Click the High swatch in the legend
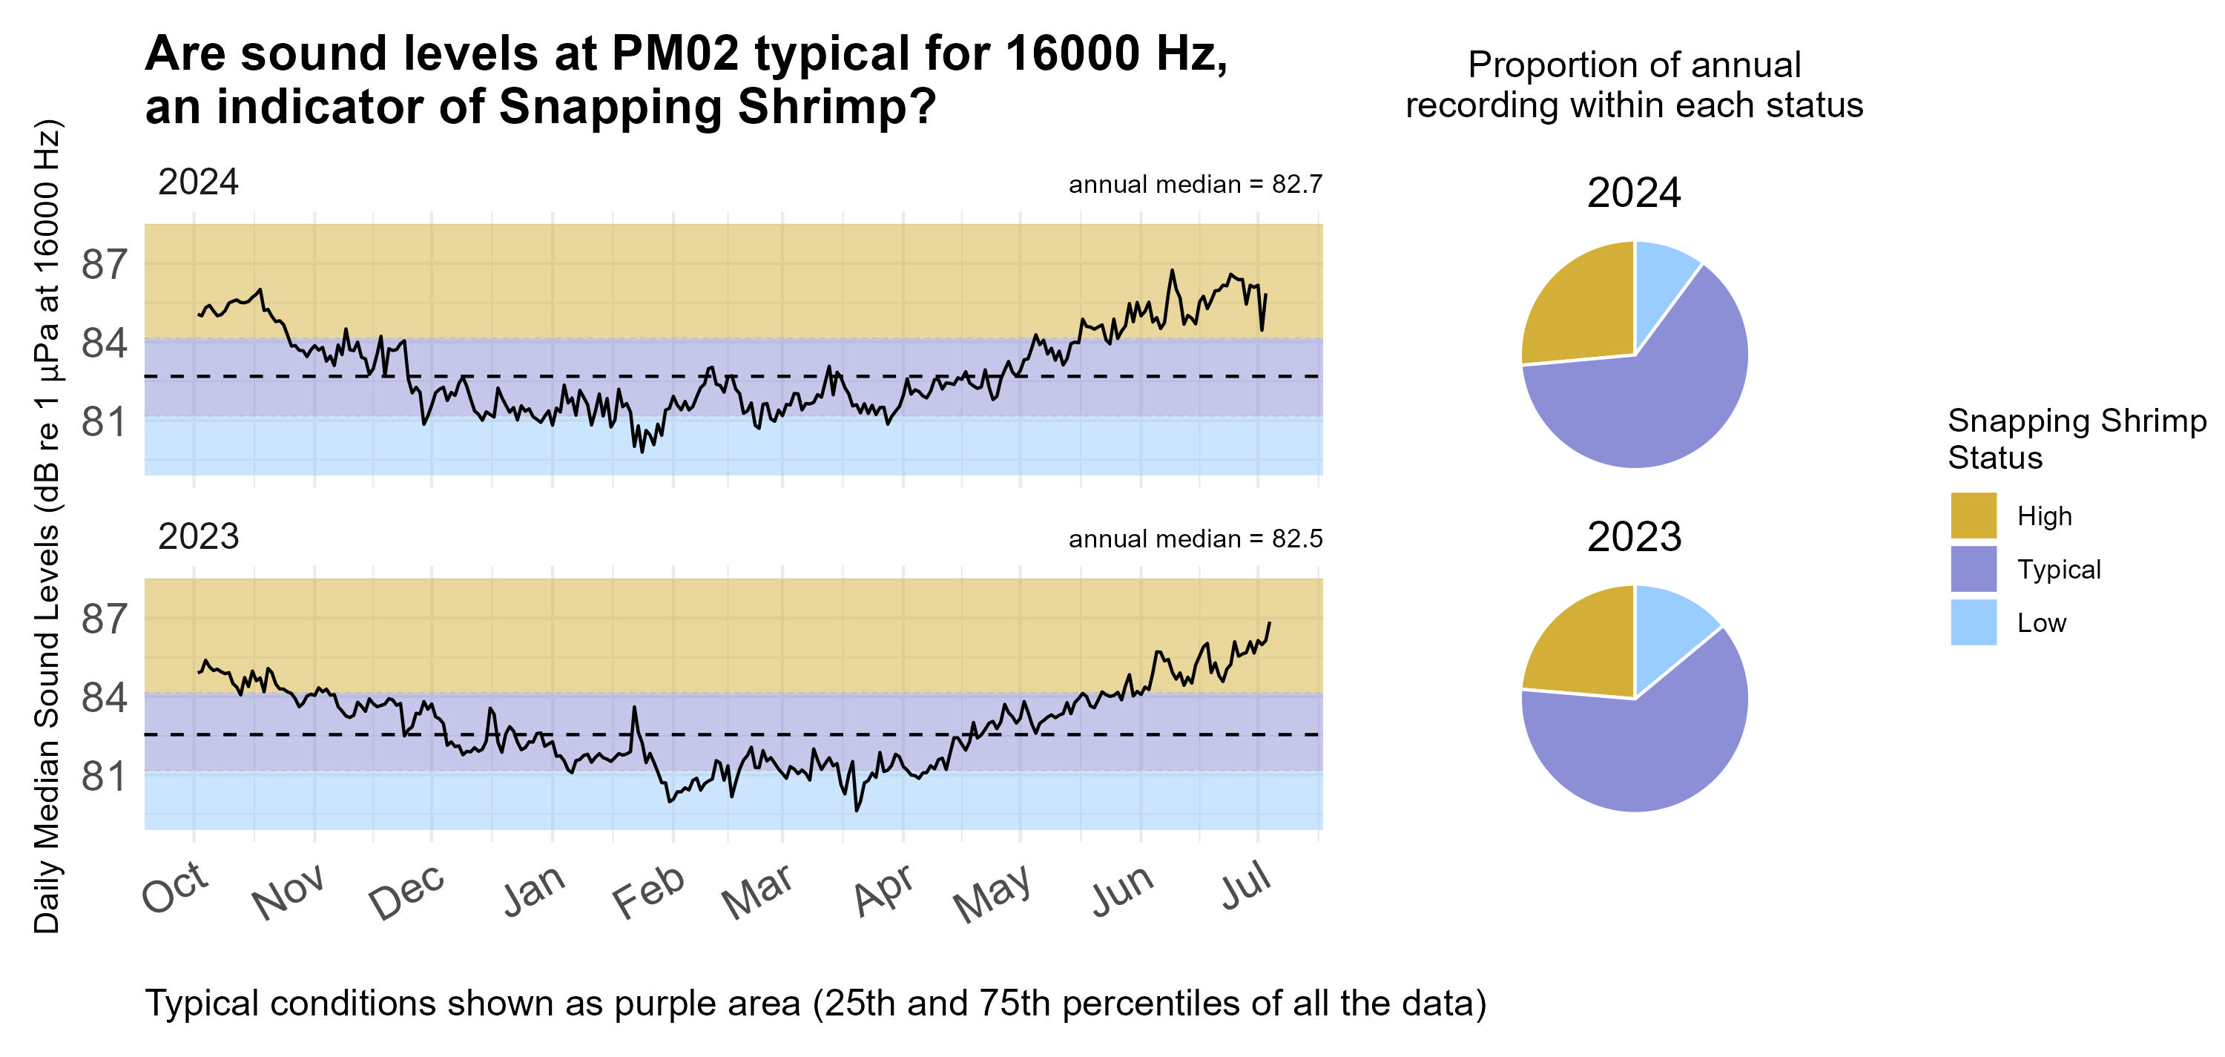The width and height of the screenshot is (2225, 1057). (1973, 516)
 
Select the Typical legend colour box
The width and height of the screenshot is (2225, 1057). (1973, 569)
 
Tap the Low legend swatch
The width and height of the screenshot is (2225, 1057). (1973, 622)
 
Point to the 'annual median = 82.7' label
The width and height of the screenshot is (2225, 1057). (1195, 185)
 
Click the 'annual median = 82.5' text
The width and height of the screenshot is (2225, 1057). (1195, 539)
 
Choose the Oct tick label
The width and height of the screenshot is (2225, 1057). (175, 888)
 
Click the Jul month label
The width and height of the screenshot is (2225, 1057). (1245, 888)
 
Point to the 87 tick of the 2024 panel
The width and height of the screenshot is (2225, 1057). (105, 265)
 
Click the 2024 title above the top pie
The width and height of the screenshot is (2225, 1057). (1633, 193)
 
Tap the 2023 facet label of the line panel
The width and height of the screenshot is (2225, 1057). (198, 537)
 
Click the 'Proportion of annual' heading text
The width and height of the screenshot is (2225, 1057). (1633, 65)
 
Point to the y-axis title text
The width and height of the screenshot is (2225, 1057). (47, 527)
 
